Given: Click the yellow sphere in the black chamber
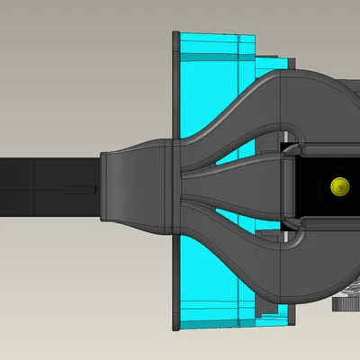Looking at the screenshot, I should pyautogui.click(x=339, y=186).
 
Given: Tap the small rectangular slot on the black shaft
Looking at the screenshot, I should pyautogui.click(x=79, y=190).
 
